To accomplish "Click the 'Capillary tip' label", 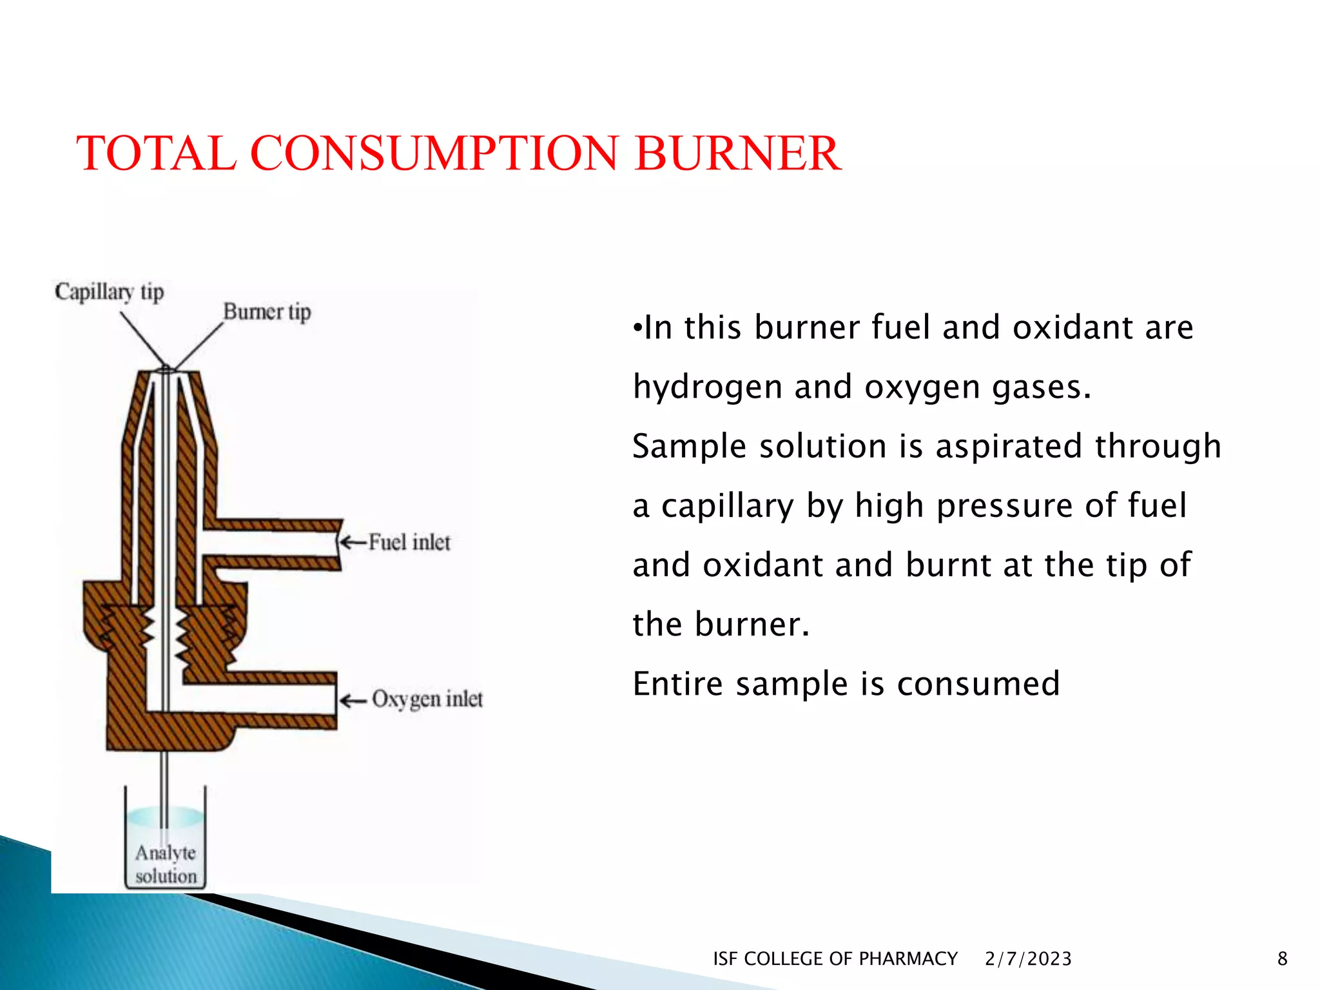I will (x=109, y=292).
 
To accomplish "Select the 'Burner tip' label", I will (x=267, y=312).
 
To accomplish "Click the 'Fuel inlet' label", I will (x=409, y=542).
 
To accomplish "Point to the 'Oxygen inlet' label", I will (x=427, y=699).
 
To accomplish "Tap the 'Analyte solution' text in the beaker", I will (x=166, y=864).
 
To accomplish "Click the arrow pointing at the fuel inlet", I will (x=353, y=542).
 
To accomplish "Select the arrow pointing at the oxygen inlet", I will (x=353, y=701).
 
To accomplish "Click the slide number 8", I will (x=1282, y=958).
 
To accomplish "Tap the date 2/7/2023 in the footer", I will (x=1028, y=958).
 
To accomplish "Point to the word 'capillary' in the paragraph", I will (x=728, y=506).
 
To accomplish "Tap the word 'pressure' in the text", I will (x=1004, y=506).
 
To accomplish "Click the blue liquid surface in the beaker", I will (x=165, y=816).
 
